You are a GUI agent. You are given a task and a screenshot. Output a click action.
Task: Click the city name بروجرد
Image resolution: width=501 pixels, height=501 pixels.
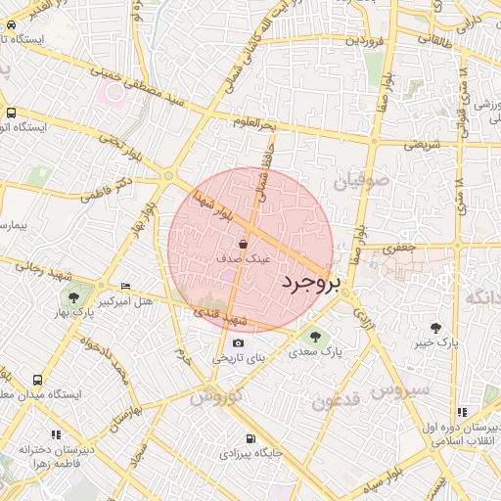pos(312,283)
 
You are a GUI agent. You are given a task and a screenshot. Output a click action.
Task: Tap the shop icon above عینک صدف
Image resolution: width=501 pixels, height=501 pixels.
pos(243,245)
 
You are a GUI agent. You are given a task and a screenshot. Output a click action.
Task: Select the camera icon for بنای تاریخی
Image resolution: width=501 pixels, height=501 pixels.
pos(239,343)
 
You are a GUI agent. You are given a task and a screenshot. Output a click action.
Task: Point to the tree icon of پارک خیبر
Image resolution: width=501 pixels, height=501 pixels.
pos(435,328)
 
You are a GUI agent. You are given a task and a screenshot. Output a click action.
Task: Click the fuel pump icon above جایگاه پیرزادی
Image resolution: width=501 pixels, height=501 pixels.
pos(250,438)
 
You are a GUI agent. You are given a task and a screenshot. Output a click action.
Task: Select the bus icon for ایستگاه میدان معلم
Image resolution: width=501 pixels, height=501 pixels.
pos(37,379)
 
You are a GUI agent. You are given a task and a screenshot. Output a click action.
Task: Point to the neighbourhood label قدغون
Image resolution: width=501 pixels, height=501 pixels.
pos(337,399)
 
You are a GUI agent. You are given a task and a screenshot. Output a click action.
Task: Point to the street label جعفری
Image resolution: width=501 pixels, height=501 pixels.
pos(400,248)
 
